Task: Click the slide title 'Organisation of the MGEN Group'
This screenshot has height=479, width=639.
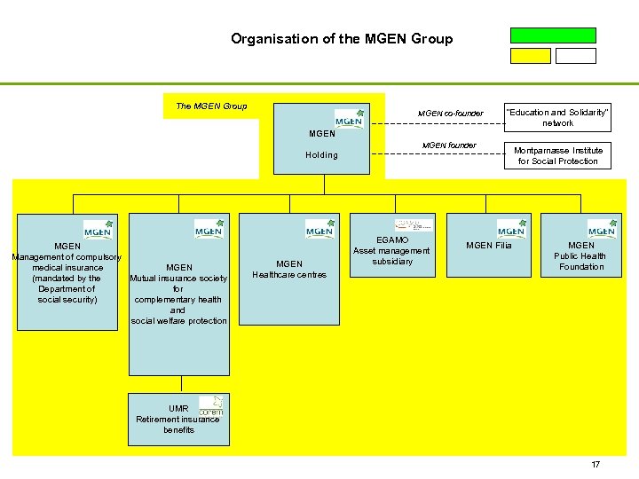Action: point(342,39)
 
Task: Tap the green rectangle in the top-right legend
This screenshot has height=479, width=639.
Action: point(553,35)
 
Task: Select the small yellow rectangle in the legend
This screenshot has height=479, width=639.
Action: point(530,56)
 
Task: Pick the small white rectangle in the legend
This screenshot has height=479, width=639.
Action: point(576,56)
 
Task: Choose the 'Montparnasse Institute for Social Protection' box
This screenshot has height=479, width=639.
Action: point(558,156)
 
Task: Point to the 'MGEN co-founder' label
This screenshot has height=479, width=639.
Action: point(451,114)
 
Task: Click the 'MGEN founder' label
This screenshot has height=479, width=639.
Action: point(449,145)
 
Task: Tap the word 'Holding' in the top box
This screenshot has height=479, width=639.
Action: point(321,155)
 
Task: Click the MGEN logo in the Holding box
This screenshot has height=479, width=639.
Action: point(349,120)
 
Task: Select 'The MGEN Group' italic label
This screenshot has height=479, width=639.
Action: point(211,106)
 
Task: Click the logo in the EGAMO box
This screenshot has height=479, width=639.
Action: point(414,225)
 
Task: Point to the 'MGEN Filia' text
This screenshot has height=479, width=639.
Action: point(489,246)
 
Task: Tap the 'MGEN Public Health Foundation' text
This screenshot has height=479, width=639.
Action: point(581,256)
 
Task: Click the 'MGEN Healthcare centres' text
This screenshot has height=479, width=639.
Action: point(289,269)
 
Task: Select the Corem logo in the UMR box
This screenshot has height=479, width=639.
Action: point(210,406)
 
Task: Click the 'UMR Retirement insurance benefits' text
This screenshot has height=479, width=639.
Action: point(177,420)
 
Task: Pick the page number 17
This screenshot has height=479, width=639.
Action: point(596,465)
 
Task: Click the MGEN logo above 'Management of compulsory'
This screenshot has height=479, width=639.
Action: point(98,229)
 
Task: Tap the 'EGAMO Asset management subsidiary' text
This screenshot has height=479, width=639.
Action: point(391,251)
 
